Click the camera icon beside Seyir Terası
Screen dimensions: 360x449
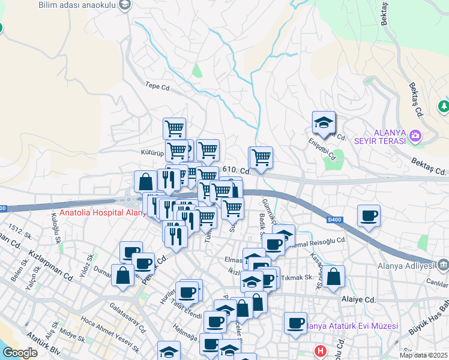[415, 136]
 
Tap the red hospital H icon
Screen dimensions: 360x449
[322, 350]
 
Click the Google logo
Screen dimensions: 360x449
[20, 353]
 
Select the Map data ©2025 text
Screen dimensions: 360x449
[423, 355]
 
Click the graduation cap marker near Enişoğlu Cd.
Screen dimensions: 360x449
[324, 122]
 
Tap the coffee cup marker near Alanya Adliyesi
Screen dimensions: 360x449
[369, 215]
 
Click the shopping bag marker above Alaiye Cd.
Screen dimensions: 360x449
[335, 276]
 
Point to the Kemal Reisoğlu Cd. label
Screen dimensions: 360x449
[321, 241]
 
